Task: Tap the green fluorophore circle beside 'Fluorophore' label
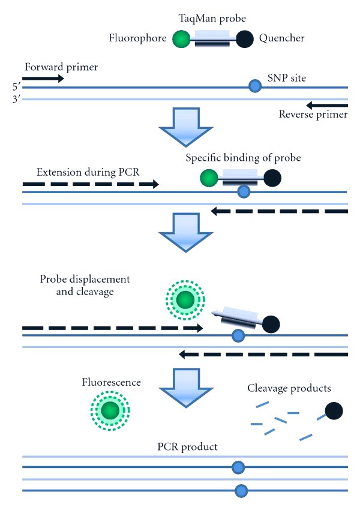click(x=181, y=40)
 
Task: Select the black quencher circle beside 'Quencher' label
click(x=245, y=40)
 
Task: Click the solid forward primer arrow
click(x=43, y=78)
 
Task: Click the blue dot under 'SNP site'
click(x=255, y=87)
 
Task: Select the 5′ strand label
click(x=16, y=87)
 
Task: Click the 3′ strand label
click(x=16, y=98)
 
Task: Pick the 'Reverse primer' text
click(x=313, y=114)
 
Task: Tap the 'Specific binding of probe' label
click(x=242, y=158)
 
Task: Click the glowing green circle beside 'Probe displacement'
click(x=185, y=299)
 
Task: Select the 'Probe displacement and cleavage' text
click(x=85, y=286)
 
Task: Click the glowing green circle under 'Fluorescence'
click(x=110, y=411)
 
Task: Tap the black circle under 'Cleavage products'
click(x=334, y=411)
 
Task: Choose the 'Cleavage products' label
click(x=289, y=388)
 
